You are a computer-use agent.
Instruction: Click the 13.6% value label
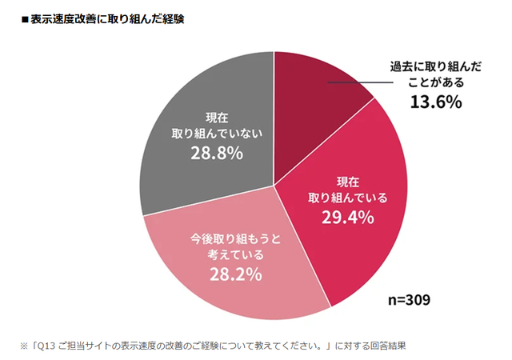click(437, 102)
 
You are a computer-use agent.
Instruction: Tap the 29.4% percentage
click(349, 217)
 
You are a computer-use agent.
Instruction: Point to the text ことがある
click(436, 83)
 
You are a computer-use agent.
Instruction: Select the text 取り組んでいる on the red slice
click(349, 197)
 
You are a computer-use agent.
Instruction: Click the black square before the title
click(25, 18)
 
